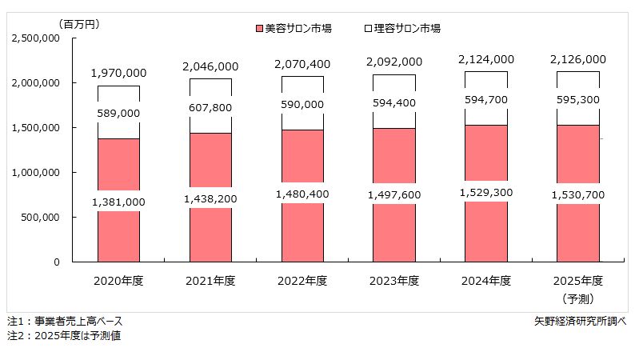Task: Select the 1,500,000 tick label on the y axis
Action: pos(37,127)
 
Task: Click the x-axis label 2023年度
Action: pos(393,281)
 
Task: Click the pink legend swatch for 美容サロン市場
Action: pos(258,28)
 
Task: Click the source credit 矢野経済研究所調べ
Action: pos(580,321)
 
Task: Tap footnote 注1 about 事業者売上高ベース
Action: pos(65,321)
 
